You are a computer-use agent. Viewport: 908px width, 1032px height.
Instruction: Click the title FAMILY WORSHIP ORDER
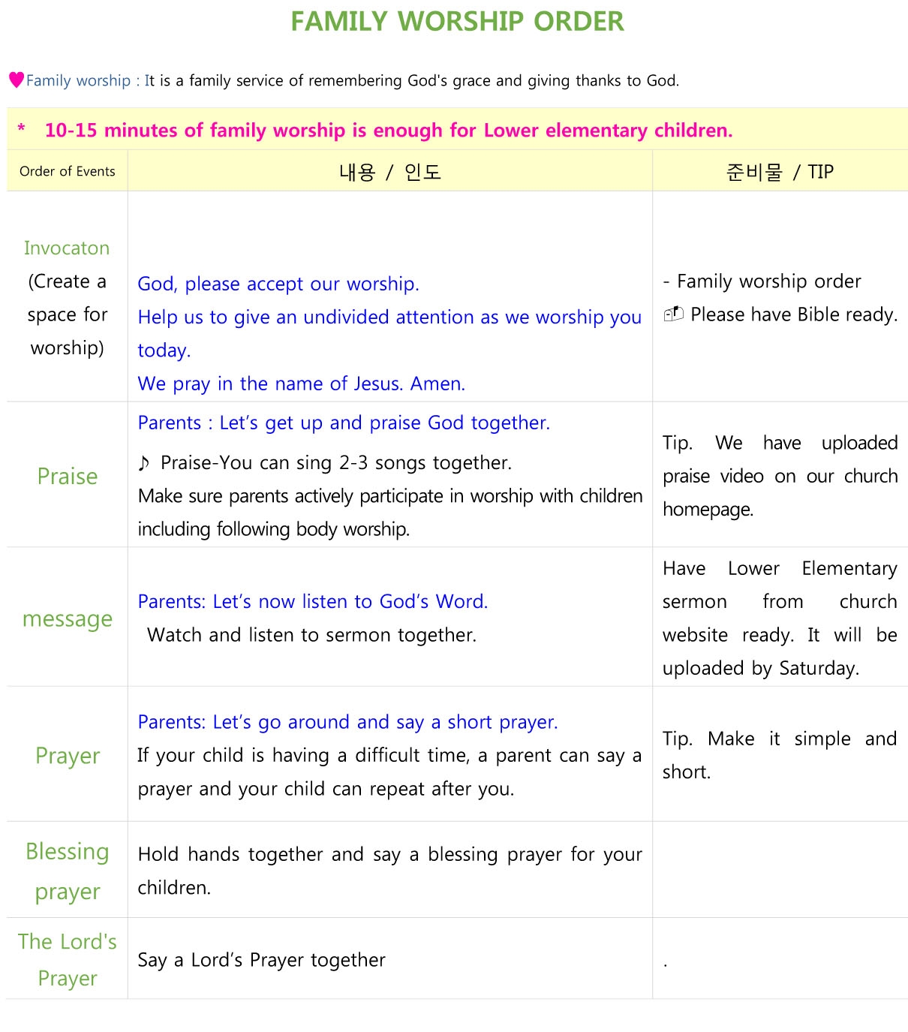pyautogui.click(x=457, y=22)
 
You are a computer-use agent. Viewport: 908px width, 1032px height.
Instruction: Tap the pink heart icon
pyautogui.click(x=16, y=80)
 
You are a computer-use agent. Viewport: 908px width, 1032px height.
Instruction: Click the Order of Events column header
pyautogui.click(x=68, y=171)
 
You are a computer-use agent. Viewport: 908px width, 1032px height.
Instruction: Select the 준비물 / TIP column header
pyautogui.click(x=780, y=172)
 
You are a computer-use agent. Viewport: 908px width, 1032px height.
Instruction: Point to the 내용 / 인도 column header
pyautogui.click(x=389, y=172)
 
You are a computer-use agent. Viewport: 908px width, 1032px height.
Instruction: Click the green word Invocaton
pyautogui.click(x=67, y=248)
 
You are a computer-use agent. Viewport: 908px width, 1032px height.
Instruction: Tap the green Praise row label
pyautogui.click(x=68, y=476)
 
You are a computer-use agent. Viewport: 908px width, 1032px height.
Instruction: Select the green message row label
pyautogui.click(x=68, y=618)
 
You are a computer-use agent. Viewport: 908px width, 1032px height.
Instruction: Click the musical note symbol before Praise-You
pyautogui.click(x=144, y=463)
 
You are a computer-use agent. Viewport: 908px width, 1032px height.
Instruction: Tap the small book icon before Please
pyautogui.click(x=673, y=314)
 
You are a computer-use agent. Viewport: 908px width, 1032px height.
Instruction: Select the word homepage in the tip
pyautogui.click(x=708, y=509)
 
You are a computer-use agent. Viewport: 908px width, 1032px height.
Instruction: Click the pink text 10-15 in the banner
pyautogui.click(x=71, y=130)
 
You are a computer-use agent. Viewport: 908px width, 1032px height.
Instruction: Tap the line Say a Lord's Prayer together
pyautogui.click(x=261, y=960)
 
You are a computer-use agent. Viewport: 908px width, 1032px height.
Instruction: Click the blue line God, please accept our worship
pyautogui.click(x=278, y=284)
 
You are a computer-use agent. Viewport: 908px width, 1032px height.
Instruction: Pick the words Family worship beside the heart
pyautogui.click(x=78, y=80)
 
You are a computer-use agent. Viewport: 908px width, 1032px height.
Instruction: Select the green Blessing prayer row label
pyautogui.click(x=68, y=871)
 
